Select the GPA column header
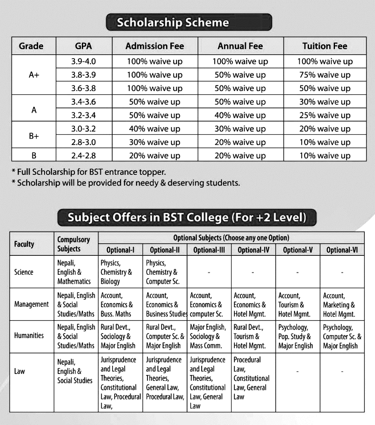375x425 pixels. pos(83,46)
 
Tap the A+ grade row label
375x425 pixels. pos(34,75)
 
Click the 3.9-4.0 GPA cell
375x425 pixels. pos(83,62)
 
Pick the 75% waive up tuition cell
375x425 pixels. pos(325,75)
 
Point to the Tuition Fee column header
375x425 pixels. pos(325,46)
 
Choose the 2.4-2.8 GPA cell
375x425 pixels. pos(83,156)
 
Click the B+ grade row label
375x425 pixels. pos(34,136)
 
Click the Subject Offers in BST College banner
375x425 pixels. pos(187,218)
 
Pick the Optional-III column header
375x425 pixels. pos(209,250)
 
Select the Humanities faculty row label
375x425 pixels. pos(29,336)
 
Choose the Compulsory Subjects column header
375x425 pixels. pos(74,244)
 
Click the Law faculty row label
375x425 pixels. pos(19,371)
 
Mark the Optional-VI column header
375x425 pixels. pos(342,250)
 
